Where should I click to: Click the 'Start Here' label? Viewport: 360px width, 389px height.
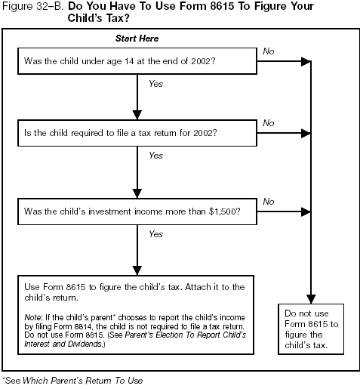[x=137, y=39]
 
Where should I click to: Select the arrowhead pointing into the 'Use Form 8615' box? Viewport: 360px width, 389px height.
[x=136, y=269]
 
